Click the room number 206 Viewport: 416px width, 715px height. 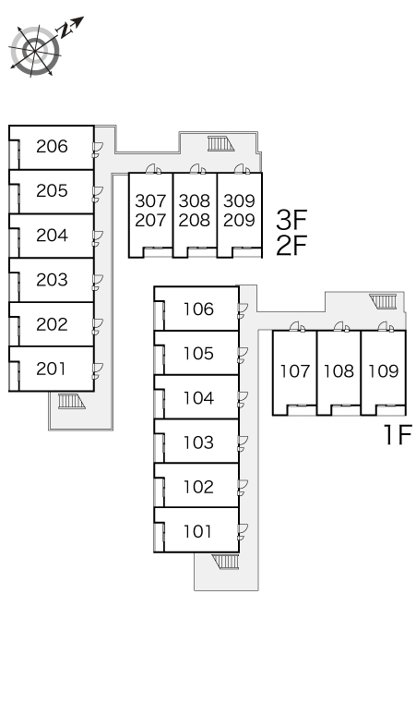[52, 146]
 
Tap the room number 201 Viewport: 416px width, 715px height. [51, 369]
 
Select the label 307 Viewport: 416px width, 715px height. [150, 200]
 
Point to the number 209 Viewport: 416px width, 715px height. [239, 220]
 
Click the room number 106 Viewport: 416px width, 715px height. [198, 309]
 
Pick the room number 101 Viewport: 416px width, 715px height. [197, 531]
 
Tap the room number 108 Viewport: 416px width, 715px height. [339, 371]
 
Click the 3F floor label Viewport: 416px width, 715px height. [291, 220]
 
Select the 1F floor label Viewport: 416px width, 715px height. [398, 434]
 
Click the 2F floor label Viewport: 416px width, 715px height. [291, 246]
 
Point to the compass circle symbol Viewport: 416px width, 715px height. [35, 51]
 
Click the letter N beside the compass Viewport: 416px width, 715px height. [66, 30]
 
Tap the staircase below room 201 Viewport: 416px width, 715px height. [71, 401]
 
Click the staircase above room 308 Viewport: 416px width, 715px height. [220, 143]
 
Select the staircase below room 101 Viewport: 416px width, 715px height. [226, 562]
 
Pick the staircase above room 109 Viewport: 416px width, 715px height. [383, 301]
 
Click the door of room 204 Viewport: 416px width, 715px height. [98, 238]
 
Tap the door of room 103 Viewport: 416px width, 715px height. [243, 442]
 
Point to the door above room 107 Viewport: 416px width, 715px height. [298, 326]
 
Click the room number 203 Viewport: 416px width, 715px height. [52, 280]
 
